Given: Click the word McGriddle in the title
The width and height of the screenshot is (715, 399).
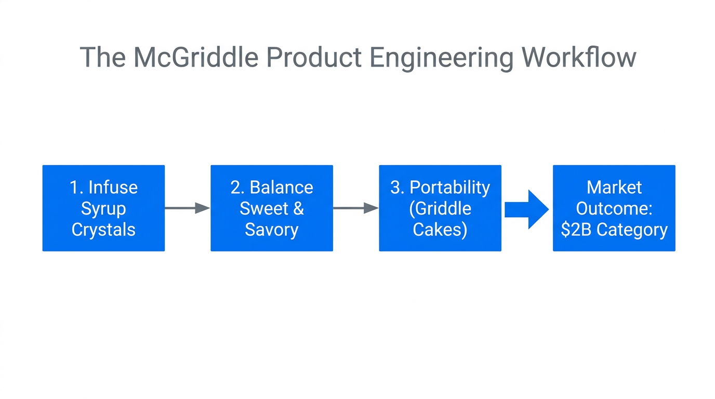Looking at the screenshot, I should tap(196, 57).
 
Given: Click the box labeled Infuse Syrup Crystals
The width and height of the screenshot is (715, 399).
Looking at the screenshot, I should tap(103, 208).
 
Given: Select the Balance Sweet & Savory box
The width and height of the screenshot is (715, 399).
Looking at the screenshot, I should tap(271, 208).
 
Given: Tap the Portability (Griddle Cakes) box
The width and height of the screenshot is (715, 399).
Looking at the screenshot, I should tap(440, 208).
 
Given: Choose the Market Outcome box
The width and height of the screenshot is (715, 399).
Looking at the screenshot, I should tap(614, 208).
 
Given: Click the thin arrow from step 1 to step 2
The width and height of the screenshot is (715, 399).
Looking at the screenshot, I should tap(187, 208).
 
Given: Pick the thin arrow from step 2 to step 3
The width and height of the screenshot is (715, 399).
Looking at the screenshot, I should tap(355, 208).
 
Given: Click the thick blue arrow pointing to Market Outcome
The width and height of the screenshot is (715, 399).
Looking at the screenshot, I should tap(526, 209).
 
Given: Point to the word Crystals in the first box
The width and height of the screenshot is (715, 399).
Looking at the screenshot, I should tap(103, 230).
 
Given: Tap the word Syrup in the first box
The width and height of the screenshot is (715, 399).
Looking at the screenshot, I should tap(103, 209).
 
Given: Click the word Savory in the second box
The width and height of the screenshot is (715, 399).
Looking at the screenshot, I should tap(271, 230).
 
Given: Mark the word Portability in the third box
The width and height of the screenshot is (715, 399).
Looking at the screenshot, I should tap(449, 188).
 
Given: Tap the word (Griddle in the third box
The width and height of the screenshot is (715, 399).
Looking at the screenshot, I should tap(440, 209).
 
